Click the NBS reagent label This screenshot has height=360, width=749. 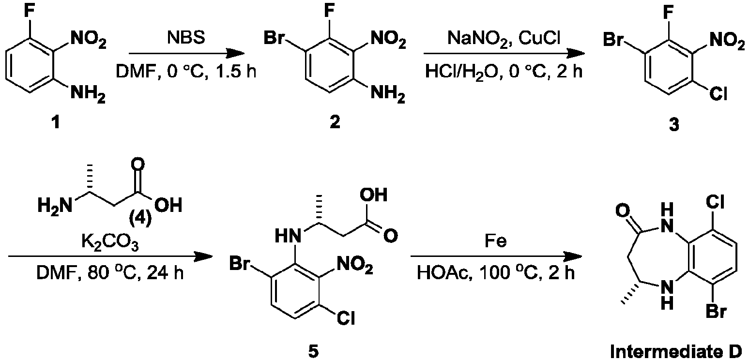[x=186, y=37]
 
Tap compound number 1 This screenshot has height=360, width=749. [x=56, y=122]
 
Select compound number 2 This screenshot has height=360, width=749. [x=335, y=122]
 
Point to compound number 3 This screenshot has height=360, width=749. [x=674, y=125]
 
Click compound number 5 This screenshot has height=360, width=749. [x=313, y=351]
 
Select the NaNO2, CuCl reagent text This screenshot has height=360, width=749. [x=504, y=39]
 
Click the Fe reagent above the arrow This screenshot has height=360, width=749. [x=496, y=240]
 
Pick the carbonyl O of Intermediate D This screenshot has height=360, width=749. [x=623, y=211]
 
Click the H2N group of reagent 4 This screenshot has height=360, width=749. [x=55, y=205]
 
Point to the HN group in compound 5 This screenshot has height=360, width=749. [x=287, y=236]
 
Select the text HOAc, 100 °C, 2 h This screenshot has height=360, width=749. [x=496, y=273]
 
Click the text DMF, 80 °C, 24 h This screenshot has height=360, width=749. [x=110, y=273]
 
